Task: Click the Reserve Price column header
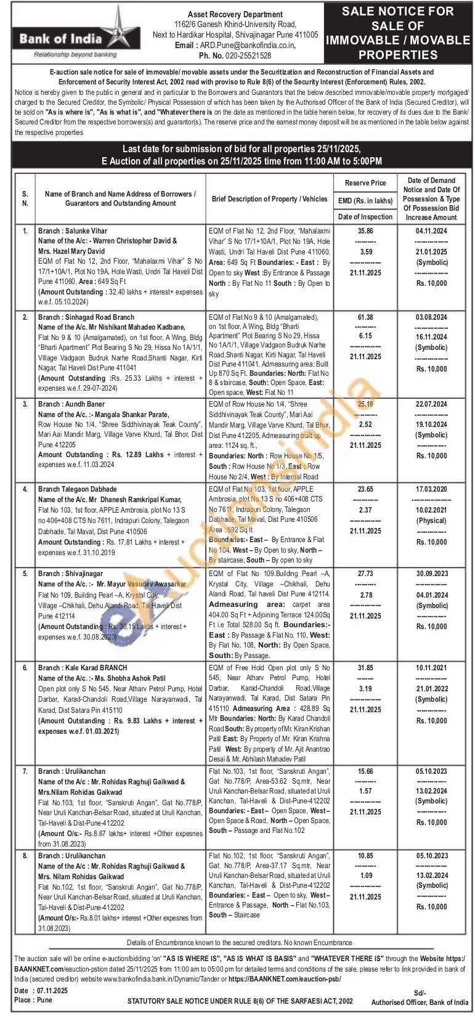(x=365, y=183)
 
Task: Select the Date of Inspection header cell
(x=365, y=217)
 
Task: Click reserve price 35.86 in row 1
(x=365, y=231)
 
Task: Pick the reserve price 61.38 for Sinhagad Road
(x=365, y=317)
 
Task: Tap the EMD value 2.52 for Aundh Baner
(x=365, y=425)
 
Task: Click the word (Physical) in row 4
(x=431, y=521)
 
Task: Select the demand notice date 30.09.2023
(x=431, y=574)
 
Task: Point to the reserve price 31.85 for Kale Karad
(x=365, y=668)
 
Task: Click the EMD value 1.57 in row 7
(x=365, y=791)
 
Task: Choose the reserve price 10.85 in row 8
(x=365, y=856)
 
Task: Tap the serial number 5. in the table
(x=25, y=574)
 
